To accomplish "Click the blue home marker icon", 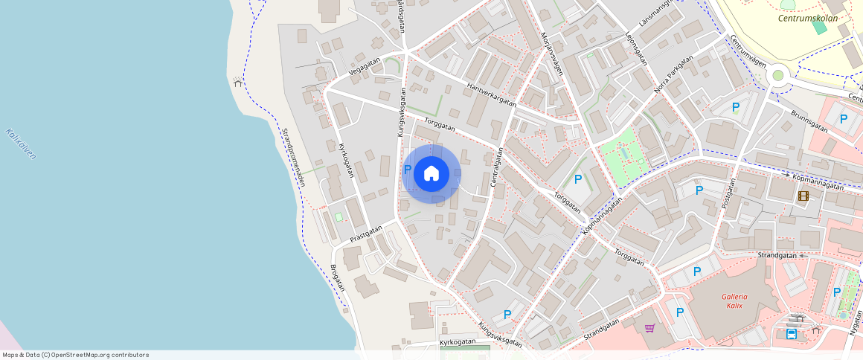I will [x=431, y=174].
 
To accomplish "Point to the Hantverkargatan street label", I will [x=491, y=94].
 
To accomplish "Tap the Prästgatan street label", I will [x=365, y=234].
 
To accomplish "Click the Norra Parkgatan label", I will [x=673, y=75].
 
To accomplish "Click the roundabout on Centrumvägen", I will [x=779, y=74].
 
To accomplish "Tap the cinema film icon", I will [x=803, y=196].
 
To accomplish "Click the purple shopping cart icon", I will [x=649, y=327].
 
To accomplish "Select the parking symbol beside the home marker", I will [x=407, y=170].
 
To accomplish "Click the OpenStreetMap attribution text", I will [x=76, y=355].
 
